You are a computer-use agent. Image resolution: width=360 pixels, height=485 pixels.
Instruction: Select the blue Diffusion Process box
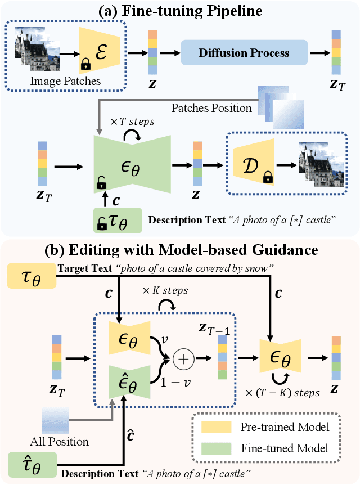point(244,53)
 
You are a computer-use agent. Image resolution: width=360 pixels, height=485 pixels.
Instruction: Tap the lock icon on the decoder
point(268,179)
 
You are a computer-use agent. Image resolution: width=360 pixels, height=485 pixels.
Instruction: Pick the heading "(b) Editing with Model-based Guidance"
point(179,250)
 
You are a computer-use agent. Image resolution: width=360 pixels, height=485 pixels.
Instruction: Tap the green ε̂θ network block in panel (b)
point(129,380)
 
